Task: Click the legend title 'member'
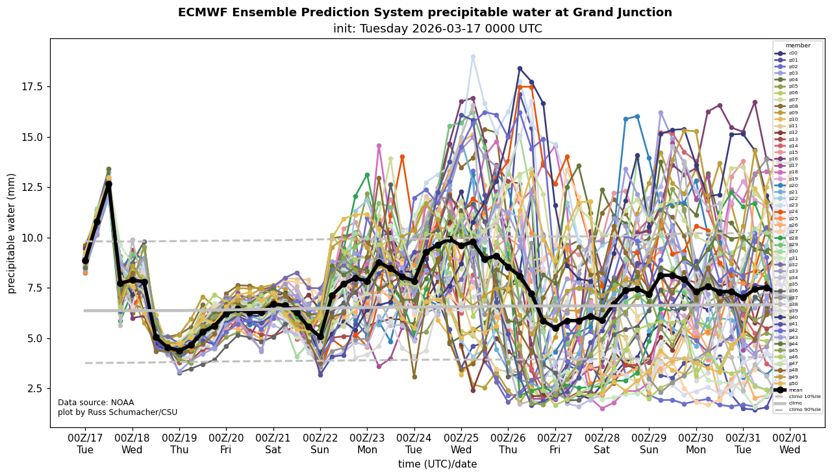point(798,45)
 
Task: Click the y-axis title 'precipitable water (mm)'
point(12,233)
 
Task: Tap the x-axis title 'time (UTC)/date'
point(437,464)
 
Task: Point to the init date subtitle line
point(437,29)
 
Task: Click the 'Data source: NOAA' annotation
point(95,403)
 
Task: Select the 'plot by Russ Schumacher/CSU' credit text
point(117,412)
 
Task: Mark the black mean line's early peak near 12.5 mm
point(108,184)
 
